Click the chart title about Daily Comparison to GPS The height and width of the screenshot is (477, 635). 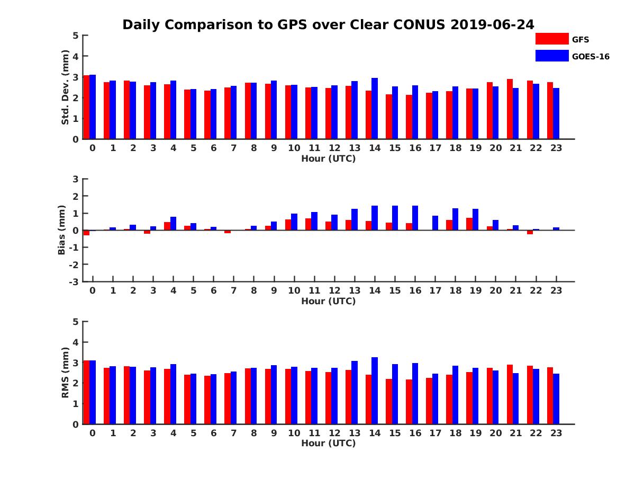328,24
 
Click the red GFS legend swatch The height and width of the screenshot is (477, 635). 552,39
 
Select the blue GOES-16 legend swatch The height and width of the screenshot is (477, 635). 552,56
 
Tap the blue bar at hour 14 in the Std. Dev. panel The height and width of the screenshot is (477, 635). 375,109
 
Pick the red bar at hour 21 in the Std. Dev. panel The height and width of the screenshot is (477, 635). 510,109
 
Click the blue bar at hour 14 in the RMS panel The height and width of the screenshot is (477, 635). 375,391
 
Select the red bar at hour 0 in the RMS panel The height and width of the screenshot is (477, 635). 86,392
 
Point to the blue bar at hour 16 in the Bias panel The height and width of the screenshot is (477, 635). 415,218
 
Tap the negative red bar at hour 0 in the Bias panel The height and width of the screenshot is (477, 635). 86,233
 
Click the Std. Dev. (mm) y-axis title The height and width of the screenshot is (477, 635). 65,87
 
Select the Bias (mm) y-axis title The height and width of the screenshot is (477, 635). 62,230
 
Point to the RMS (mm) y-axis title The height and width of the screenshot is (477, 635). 65,373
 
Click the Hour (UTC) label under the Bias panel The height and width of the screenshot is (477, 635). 328,301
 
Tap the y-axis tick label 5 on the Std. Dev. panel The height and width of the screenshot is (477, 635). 76,36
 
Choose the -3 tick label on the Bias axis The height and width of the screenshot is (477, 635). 74,281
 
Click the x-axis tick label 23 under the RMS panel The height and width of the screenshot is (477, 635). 556,432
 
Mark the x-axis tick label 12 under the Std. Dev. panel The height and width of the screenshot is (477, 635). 334,148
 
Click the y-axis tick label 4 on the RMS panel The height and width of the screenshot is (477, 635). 76,342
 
